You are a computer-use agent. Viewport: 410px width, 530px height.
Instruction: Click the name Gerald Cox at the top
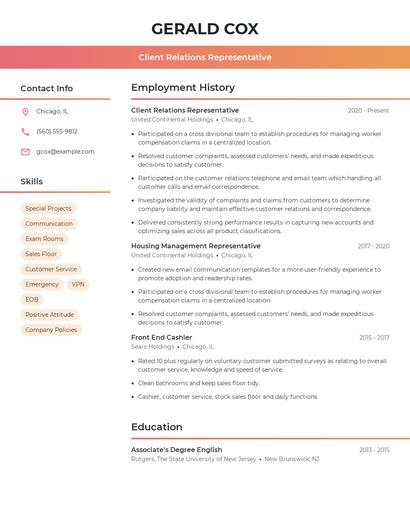pyautogui.click(x=204, y=28)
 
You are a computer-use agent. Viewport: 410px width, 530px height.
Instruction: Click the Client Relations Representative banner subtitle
pyautogui.click(x=204, y=57)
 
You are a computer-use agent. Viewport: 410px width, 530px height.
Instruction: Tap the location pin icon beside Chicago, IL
pyautogui.click(x=25, y=112)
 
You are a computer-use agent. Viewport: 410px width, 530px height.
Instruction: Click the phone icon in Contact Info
pyautogui.click(x=25, y=132)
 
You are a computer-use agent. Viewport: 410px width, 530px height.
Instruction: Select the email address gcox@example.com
pyautogui.click(x=65, y=152)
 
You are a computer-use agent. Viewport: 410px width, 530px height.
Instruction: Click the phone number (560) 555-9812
pyautogui.click(x=57, y=132)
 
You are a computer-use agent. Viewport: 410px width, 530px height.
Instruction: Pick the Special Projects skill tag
pyautogui.click(x=48, y=209)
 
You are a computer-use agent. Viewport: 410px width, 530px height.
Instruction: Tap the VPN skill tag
pyautogui.click(x=78, y=284)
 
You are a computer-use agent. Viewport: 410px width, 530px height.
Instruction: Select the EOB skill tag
pyautogui.click(x=32, y=299)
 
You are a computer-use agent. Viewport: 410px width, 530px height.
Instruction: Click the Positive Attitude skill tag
pyautogui.click(x=50, y=314)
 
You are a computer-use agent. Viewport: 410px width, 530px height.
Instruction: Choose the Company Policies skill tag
pyautogui.click(x=51, y=329)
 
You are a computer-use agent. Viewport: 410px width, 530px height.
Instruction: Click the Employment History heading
pyautogui.click(x=183, y=88)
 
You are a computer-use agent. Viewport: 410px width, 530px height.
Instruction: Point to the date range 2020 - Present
pyautogui.click(x=368, y=110)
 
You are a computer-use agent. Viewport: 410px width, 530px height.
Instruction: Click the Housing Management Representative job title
pyautogui.click(x=196, y=246)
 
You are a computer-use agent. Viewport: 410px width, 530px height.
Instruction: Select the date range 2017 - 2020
pyautogui.click(x=373, y=246)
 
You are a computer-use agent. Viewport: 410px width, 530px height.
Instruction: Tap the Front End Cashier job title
pyautogui.click(x=161, y=338)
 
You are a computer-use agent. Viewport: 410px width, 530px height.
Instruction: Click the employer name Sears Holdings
pyautogui.click(x=152, y=347)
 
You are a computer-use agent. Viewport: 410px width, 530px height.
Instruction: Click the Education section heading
pyautogui.click(x=157, y=427)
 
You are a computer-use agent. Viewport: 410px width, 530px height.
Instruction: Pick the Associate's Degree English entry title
pyautogui.click(x=177, y=450)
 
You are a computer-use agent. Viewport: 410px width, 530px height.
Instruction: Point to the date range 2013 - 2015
pyautogui.click(x=374, y=450)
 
